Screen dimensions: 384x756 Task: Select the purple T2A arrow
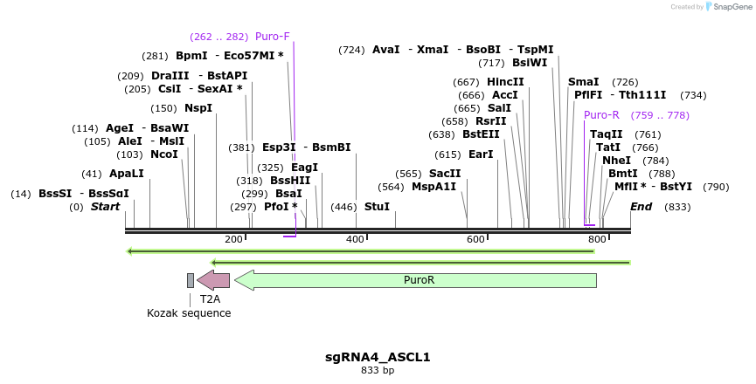coord(213,280)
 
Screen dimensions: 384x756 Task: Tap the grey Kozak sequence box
coord(191,280)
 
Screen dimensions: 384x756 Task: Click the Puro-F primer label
coord(272,37)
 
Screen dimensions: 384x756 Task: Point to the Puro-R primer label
coord(601,115)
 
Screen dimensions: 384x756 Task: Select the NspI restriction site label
coord(198,108)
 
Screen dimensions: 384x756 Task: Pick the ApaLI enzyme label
coord(127,174)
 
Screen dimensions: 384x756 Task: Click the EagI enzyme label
coord(304,168)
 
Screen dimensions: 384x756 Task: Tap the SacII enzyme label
coord(445,174)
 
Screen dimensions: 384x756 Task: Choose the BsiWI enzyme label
coord(530,63)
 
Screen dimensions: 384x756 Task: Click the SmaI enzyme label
coord(583,82)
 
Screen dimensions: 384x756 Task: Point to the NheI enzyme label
coord(616,161)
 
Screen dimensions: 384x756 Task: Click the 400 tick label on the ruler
coord(355,239)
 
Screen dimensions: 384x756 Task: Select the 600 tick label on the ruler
coord(475,239)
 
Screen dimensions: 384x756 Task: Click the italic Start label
coord(105,207)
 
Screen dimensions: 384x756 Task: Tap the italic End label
coord(641,207)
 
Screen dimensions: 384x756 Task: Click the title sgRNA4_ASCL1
coord(378,357)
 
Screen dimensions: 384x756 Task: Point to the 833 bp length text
coord(378,371)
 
